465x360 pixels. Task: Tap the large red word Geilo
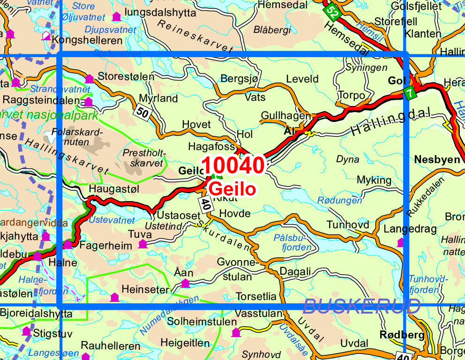point(232,189)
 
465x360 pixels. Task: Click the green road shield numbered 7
point(410,93)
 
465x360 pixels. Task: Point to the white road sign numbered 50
point(142,112)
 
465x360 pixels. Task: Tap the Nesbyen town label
point(437,159)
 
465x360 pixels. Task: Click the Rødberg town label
point(402,335)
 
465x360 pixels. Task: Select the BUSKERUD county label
point(361,306)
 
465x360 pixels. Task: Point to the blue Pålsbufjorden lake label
point(292,242)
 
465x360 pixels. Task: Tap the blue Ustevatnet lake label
point(112,220)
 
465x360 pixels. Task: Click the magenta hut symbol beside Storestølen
point(89,78)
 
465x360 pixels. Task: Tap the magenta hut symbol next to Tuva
point(142,243)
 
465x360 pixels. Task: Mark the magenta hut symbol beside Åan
point(185,283)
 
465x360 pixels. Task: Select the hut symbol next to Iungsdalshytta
point(116,17)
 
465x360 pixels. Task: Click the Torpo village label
point(351,95)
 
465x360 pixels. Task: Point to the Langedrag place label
point(410,229)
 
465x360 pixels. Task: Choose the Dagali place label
point(295,271)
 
